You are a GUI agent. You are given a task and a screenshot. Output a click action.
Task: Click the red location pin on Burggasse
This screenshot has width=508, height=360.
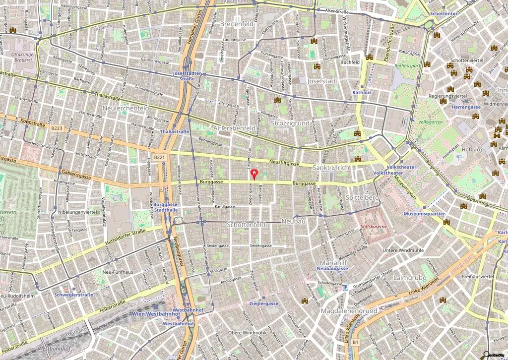tap(255, 174)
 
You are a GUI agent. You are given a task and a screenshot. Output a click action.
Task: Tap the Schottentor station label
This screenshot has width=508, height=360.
tap(443, 14)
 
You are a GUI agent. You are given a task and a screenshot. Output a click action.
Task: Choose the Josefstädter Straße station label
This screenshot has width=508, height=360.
tap(184, 75)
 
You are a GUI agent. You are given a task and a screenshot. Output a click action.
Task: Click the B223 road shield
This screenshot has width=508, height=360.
tap(57, 128)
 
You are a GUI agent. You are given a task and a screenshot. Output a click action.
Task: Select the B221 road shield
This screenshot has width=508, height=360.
tap(159, 157)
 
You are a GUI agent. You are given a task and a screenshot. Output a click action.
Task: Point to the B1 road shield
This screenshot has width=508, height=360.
tap(355, 342)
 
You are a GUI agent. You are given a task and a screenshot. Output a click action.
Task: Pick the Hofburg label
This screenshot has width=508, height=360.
tap(471, 149)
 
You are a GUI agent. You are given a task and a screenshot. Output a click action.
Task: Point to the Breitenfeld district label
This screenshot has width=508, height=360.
tap(236, 23)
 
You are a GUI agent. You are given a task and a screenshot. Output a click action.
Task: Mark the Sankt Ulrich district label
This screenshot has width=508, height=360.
tap(331, 168)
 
